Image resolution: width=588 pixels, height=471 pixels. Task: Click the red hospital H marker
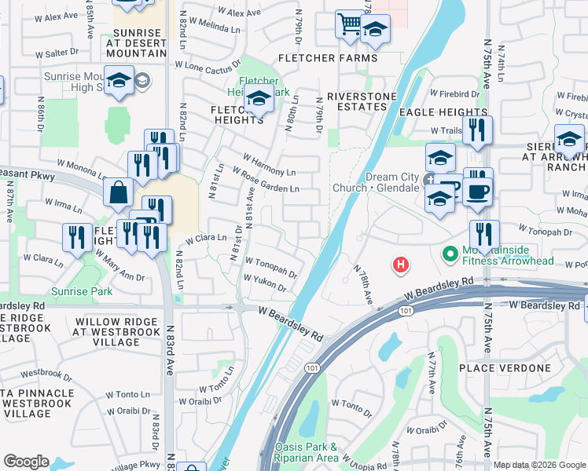pos(401,265)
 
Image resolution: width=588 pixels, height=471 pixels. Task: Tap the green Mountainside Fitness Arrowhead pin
pos(450,254)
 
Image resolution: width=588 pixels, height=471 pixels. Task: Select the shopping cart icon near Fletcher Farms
pos(348,23)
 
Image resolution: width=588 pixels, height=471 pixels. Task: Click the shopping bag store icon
pos(118,192)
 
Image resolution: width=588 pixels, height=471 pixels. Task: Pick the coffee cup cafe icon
pos(476,192)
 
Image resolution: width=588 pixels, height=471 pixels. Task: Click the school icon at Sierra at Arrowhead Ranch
pos(569,141)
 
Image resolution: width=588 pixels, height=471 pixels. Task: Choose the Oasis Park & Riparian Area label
pos(307,451)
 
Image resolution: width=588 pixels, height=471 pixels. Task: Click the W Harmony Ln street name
pos(269,164)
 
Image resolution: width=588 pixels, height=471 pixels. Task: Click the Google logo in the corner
pos(26,462)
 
